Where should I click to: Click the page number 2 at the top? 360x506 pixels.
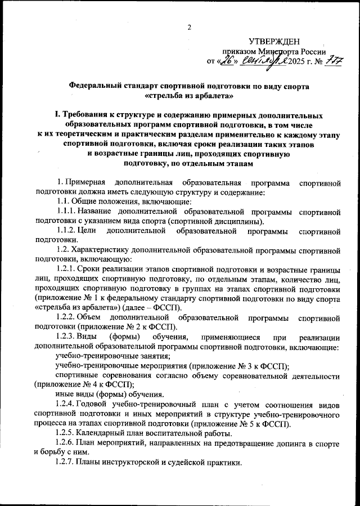tap(190, 28)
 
